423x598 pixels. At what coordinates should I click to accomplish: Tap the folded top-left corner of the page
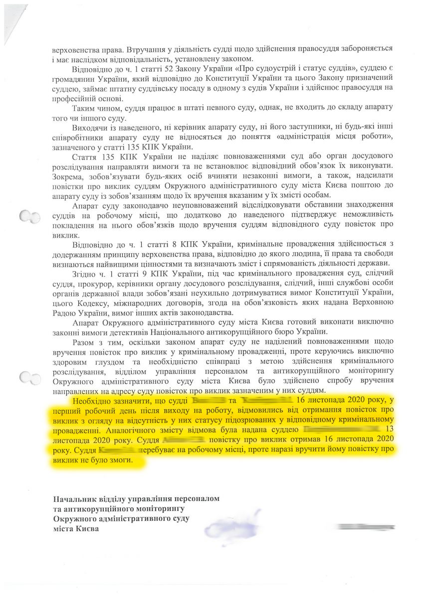pyautogui.click(x=12, y=15)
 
